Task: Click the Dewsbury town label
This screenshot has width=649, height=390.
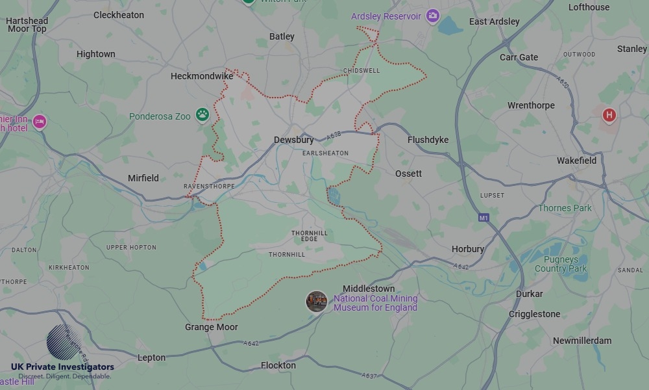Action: pos(293,140)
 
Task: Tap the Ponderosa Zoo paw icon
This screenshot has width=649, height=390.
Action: pos(203,115)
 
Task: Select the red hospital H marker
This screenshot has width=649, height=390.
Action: pos(609,116)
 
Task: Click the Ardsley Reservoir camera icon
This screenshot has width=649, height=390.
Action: pos(433,16)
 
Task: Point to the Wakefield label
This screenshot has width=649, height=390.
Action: pos(576,161)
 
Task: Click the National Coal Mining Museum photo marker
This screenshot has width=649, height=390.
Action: pos(316,301)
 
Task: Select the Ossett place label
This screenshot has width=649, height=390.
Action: pos(408,174)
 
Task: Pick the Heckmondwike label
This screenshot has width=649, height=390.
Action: pos(201,76)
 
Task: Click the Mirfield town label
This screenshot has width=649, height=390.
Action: pos(143,178)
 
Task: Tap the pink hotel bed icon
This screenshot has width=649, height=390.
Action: pos(39,122)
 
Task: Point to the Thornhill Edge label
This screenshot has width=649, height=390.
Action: pos(310,236)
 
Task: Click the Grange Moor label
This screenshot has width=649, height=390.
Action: pos(211,327)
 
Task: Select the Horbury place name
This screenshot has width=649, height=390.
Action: pos(468,249)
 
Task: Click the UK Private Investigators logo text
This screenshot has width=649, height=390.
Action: pos(62,368)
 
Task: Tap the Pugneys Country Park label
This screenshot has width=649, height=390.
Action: pos(561,264)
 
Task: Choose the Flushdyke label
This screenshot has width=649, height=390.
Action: pos(428,140)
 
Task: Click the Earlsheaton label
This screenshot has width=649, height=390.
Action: pos(325,153)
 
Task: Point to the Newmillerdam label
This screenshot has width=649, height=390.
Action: pos(582,341)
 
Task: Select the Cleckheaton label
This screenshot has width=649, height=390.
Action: pos(119,15)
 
